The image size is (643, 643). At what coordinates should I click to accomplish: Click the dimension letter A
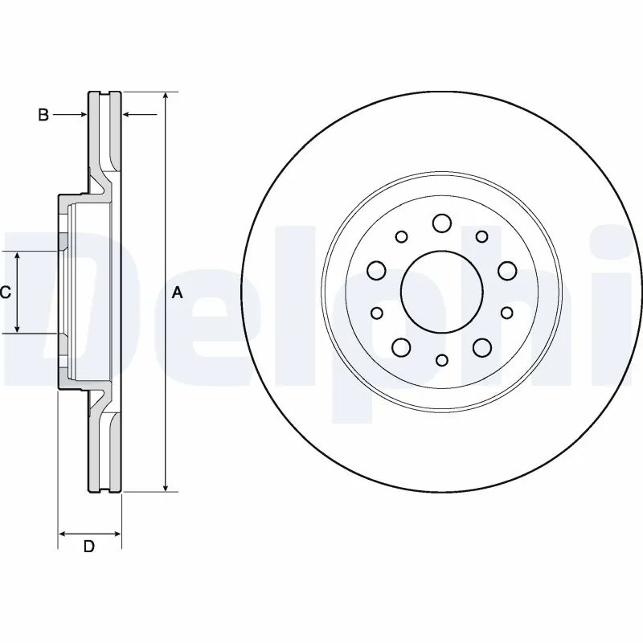click(x=178, y=293)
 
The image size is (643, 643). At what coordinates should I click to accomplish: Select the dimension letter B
click(x=43, y=116)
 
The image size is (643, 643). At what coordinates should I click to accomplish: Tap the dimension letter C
click(x=5, y=293)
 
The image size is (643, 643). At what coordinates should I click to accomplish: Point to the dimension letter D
click(x=89, y=547)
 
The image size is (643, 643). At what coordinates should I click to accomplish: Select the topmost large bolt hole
click(x=441, y=222)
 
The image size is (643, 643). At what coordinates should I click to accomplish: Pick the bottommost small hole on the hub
click(x=441, y=362)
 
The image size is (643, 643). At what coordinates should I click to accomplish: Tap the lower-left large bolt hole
click(x=401, y=347)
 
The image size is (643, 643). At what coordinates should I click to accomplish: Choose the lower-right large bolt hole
click(x=482, y=347)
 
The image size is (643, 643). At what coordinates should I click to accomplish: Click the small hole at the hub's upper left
click(x=402, y=236)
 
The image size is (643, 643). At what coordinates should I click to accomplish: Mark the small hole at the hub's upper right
click(x=481, y=236)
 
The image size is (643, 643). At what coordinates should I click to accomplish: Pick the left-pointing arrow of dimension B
click(x=126, y=116)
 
